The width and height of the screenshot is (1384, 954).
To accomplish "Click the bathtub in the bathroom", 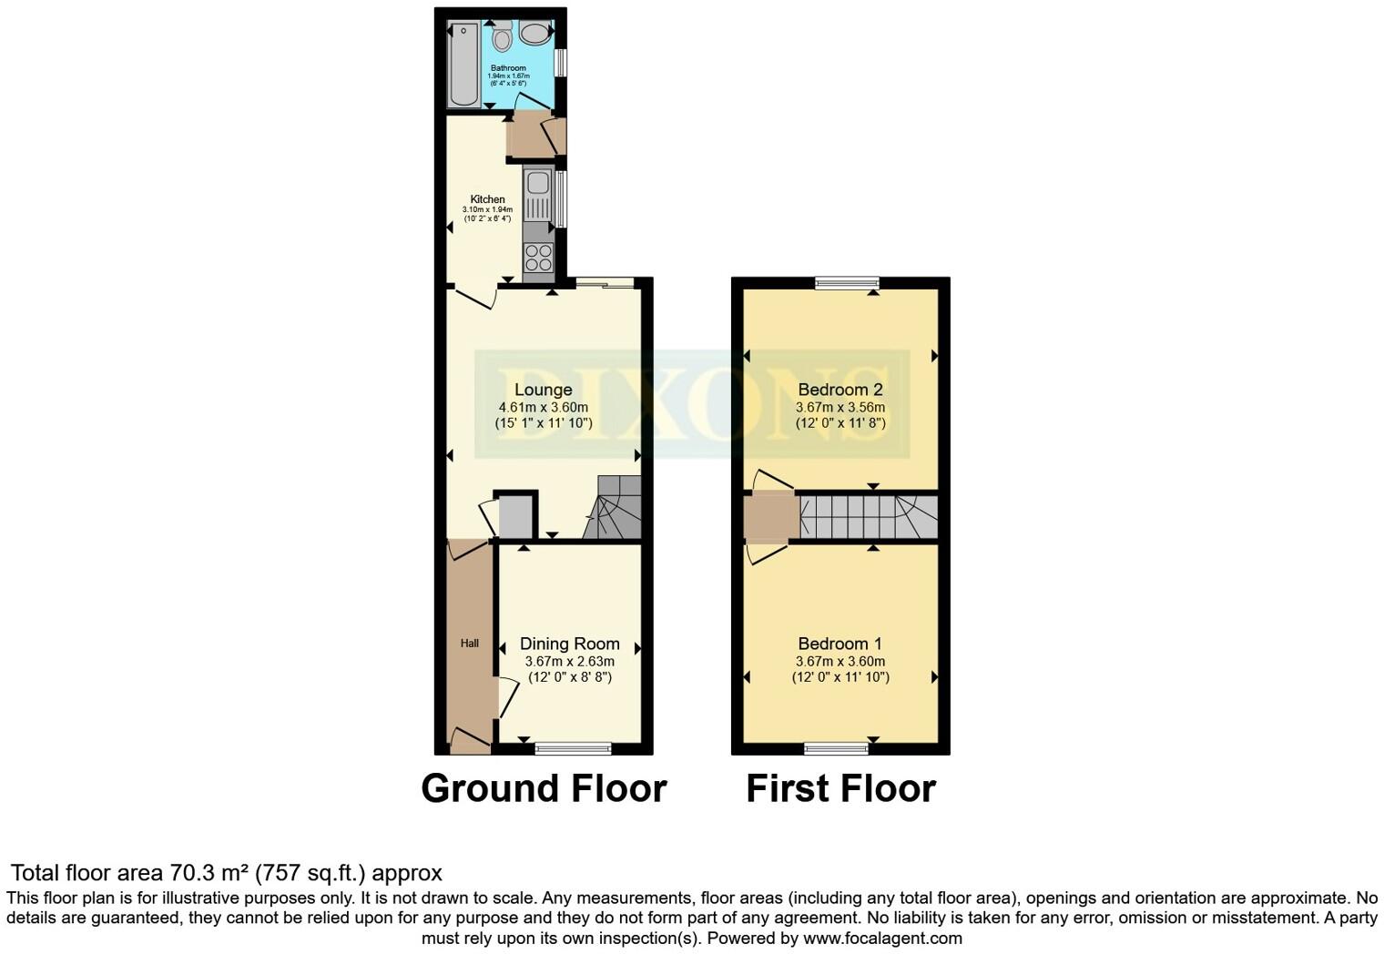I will [463, 64].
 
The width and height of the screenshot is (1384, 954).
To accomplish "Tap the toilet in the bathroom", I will [502, 37].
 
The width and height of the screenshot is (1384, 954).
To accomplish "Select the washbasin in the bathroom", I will [534, 35].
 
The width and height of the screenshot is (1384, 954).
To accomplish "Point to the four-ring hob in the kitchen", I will [538, 258].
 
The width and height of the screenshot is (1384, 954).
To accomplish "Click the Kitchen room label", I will [487, 199].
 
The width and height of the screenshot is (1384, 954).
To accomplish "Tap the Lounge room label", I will [543, 390].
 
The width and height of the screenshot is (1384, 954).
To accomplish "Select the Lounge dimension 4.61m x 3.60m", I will [543, 407].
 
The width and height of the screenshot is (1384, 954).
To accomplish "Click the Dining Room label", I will [569, 644].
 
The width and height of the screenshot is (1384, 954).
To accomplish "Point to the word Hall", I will [469, 644].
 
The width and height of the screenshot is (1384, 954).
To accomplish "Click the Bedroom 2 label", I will [840, 390].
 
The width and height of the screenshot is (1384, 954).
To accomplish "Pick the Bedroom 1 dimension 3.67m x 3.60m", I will [840, 661].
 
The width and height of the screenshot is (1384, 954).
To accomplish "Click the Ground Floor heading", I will [544, 788].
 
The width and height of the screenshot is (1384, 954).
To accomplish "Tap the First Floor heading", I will [840, 788].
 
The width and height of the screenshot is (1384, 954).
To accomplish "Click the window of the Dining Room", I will [573, 748].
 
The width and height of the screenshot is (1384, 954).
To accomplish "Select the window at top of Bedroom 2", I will [847, 283].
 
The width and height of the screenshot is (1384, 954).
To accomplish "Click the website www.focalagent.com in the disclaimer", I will [882, 938].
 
